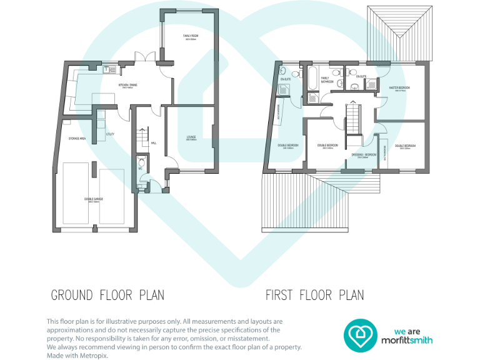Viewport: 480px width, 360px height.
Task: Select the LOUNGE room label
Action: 191,137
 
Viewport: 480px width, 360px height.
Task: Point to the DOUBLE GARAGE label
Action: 95,200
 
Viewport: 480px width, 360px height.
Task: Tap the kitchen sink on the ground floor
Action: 107,69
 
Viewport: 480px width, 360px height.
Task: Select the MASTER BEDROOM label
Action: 399,88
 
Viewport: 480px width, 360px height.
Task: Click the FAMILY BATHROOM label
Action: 327,79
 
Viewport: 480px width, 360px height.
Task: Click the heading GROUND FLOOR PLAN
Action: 107,294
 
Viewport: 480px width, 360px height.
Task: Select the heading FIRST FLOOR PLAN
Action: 314,294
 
